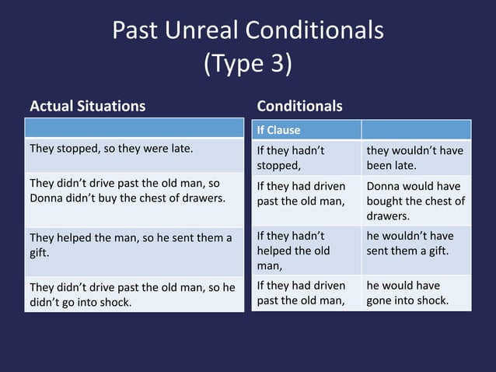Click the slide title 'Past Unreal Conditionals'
(247, 30)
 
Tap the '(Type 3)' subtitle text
(247, 64)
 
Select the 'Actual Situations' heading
(87, 106)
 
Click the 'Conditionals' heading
(299, 106)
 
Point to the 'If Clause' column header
(278, 130)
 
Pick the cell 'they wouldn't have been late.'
(415, 157)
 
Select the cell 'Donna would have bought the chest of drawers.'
(415, 201)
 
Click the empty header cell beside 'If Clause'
(415, 130)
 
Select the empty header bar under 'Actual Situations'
(134, 128)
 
